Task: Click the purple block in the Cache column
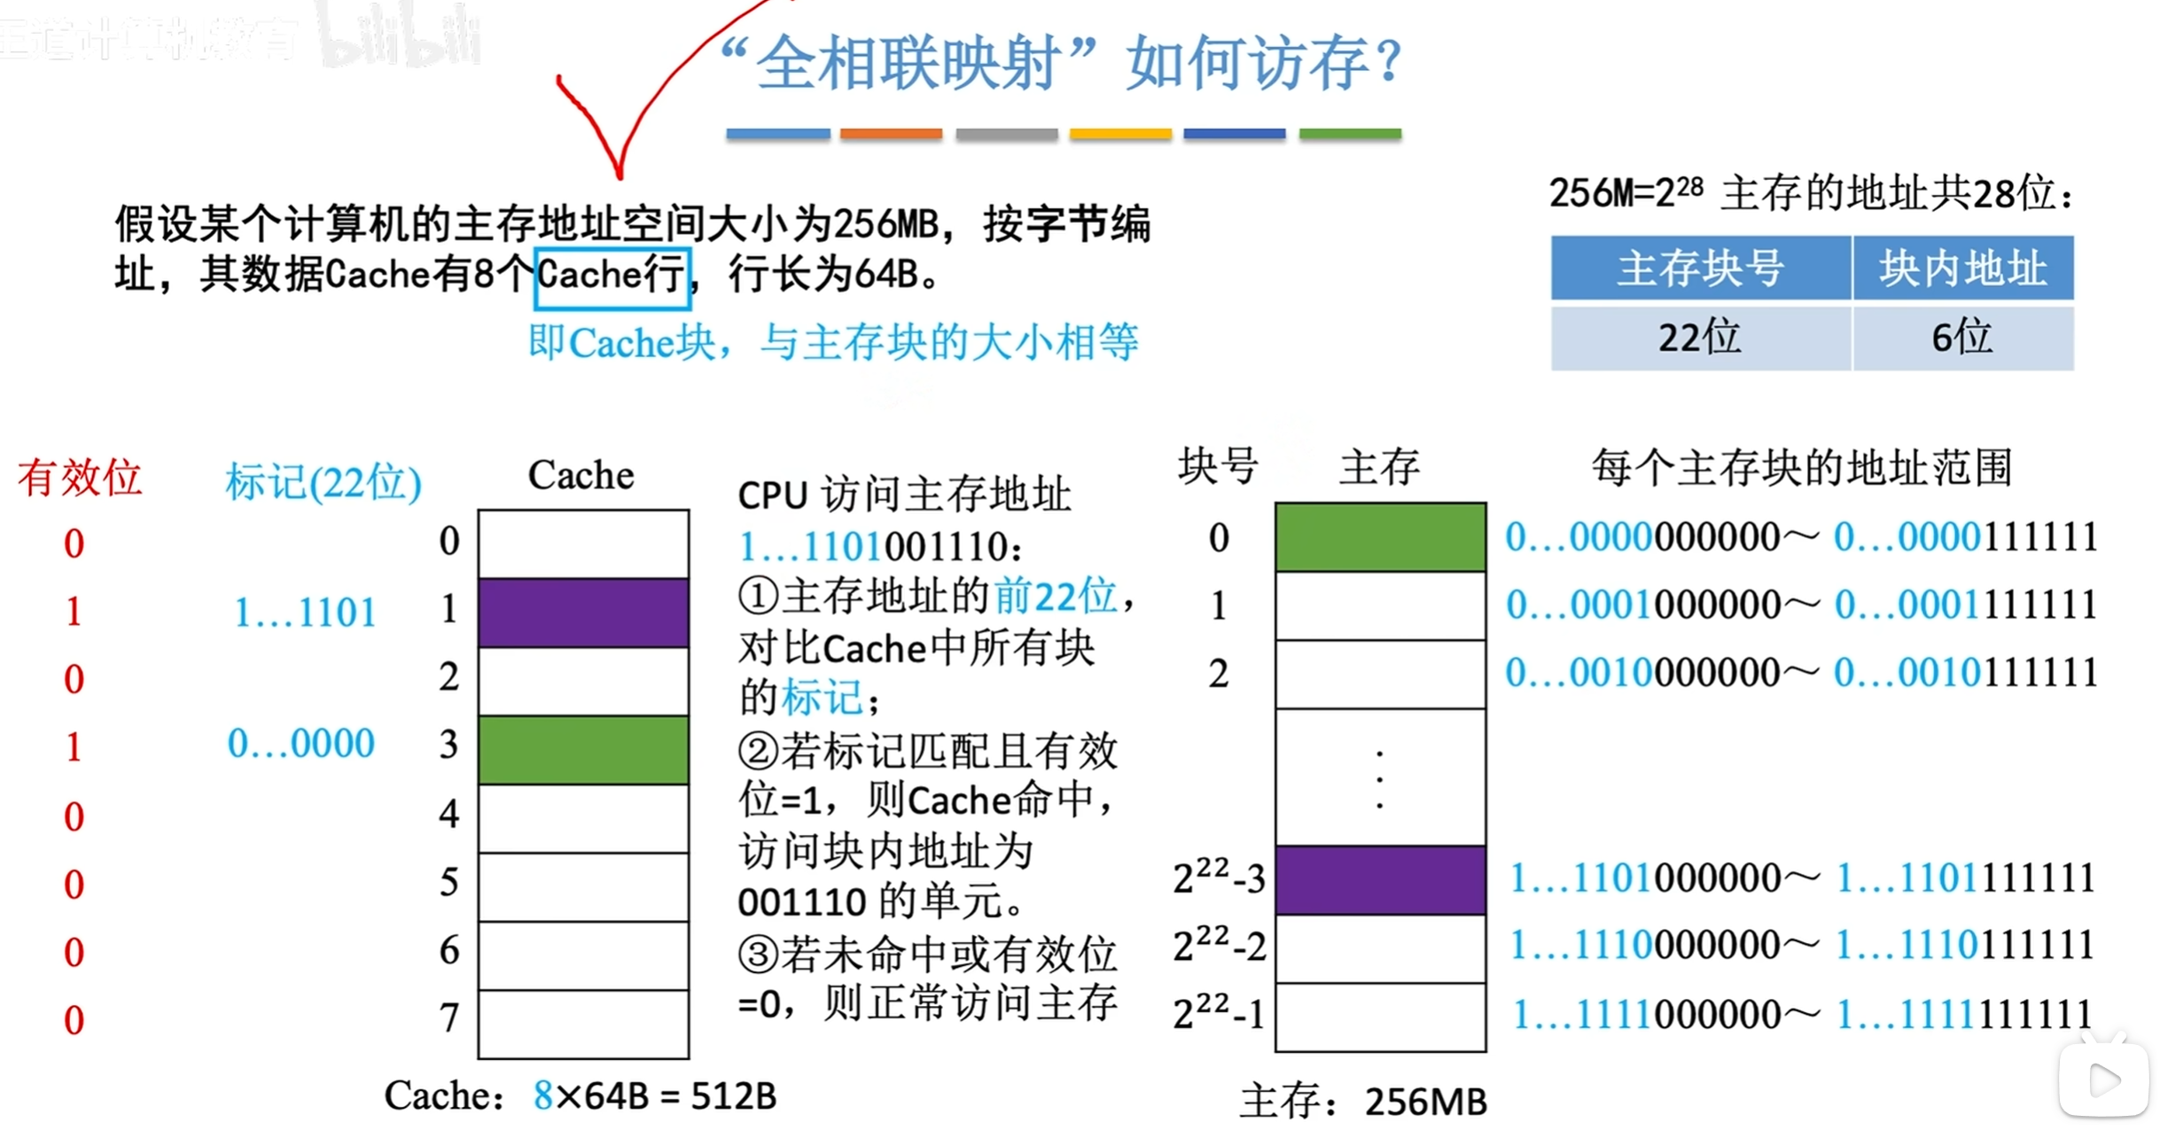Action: [583, 612]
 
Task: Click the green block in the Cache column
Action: [583, 750]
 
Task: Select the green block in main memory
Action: [1380, 537]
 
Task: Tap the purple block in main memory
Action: [1380, 880]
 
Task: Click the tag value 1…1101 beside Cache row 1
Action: [305, 612]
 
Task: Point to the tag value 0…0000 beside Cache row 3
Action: [301, 743]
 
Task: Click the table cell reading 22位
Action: [1700, 338]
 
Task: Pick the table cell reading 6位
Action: [1962, 338]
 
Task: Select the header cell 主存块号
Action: [1700, 268]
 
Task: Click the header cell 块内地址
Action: [1962, 268]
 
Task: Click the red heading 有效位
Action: [80, 478]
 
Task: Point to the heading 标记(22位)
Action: [324, 482]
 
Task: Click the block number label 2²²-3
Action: [1219, 878]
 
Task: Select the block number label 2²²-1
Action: [1219, 1013]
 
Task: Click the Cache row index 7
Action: [450, 1017]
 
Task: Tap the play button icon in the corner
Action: [2104, 1080]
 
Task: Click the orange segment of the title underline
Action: [891, 134]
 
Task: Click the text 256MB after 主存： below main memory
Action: [1425, 1102]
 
